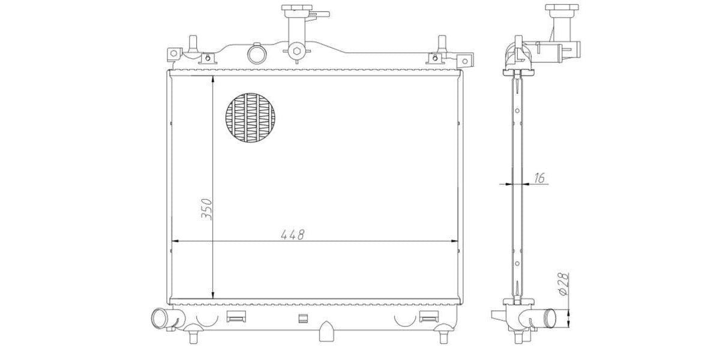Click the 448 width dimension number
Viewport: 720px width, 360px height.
click(x=292, y=235)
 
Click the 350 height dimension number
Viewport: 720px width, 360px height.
click(x=206, y=209)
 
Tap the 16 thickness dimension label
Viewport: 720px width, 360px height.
click(x=539, y=178)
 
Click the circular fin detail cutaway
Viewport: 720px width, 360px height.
click(x=250, y=118)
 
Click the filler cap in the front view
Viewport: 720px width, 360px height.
click(x=296, y=7)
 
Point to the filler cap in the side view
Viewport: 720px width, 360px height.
click(x=562, y=7)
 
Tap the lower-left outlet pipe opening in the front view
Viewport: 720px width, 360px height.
click(x=159, y=318)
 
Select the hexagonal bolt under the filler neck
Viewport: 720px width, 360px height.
click(x=296, y=51)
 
